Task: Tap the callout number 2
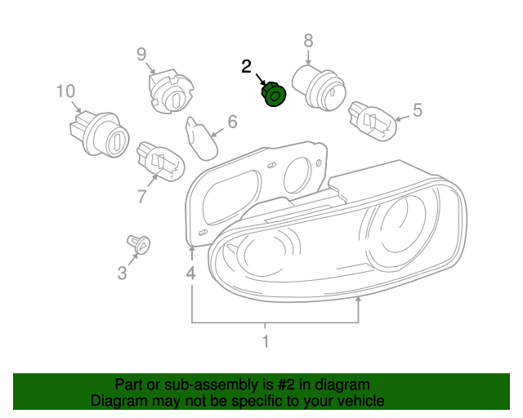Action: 247,67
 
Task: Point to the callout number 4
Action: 190,273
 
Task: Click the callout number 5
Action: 417,110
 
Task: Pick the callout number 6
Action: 232,122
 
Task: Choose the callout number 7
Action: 141,196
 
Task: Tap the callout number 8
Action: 308,40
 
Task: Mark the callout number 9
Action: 141,55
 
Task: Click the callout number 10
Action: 65,91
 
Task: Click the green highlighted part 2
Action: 272,96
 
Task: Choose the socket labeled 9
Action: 170,91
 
